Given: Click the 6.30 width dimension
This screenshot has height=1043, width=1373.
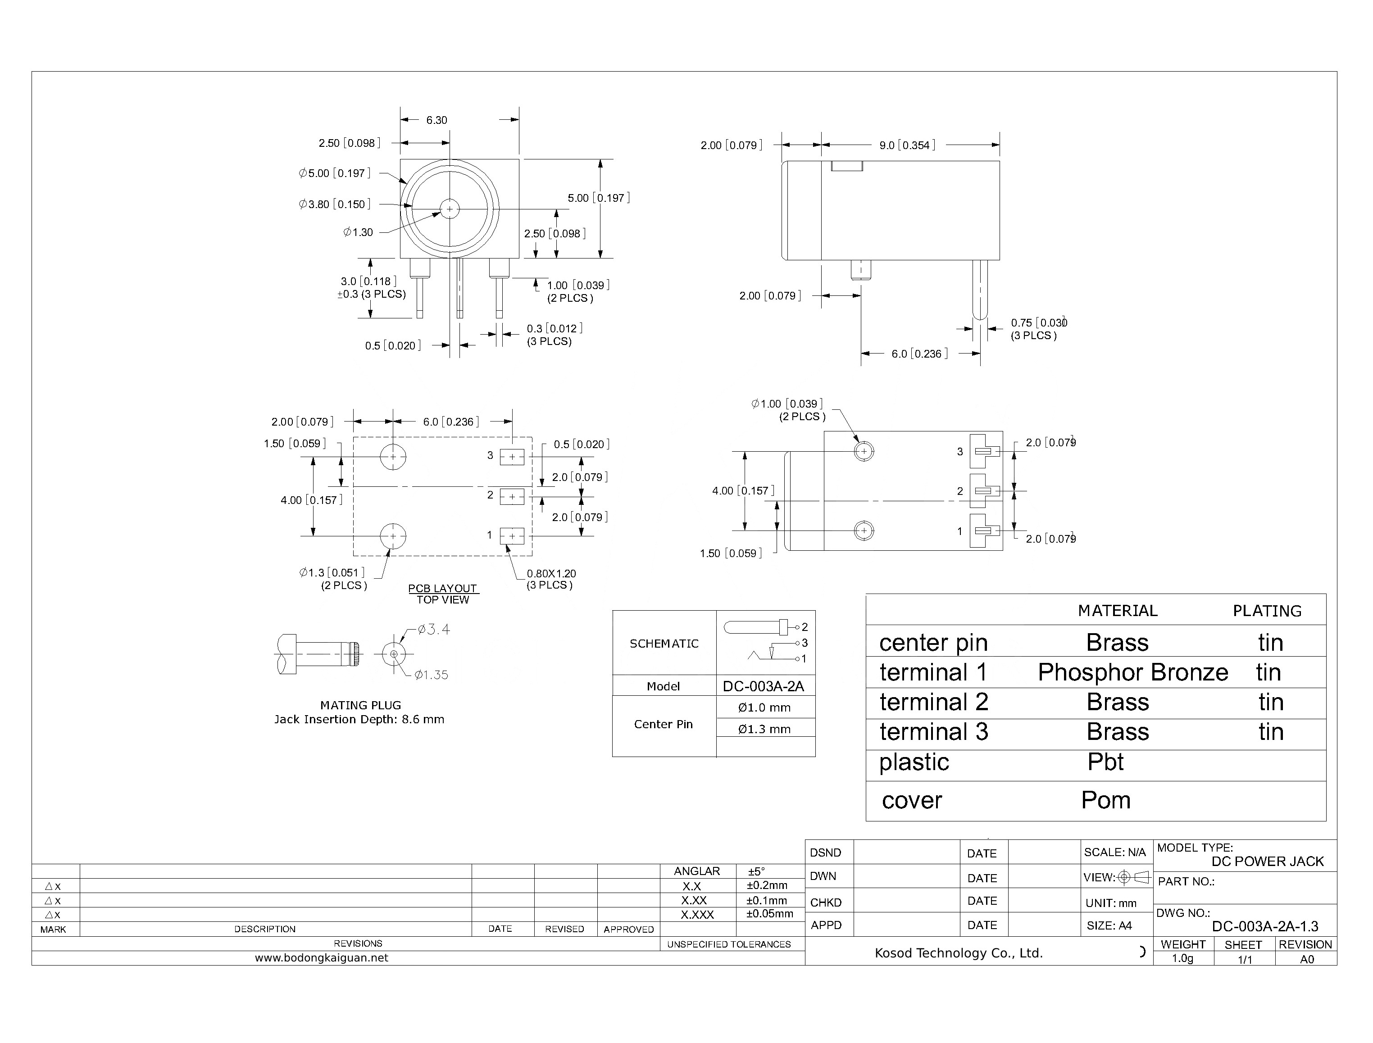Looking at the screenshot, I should [x=436, y=120].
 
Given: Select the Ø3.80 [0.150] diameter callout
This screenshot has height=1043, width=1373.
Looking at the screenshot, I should [x=335, y=204].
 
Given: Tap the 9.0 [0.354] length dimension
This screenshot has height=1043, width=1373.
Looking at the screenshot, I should [x=907, y=145].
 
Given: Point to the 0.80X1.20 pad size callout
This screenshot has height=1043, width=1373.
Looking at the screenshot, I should [x=551, y=574].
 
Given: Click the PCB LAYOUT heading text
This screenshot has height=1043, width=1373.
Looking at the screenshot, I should [x=442, y=588].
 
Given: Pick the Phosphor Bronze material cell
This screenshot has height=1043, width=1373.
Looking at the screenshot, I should [x=1132, y=672].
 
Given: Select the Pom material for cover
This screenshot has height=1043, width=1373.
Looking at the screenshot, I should [x=1105, y=800].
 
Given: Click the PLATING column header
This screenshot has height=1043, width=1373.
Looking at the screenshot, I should [x=1267, y=611].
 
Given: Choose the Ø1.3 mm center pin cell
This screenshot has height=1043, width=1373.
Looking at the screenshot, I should [x=764, y=729].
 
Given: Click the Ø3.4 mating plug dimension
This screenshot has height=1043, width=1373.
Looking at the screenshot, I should [x=433, y=630].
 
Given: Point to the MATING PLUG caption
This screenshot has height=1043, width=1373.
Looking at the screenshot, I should [x=360, y=705].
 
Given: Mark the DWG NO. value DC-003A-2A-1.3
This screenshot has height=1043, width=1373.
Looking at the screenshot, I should [x=1264, y=926].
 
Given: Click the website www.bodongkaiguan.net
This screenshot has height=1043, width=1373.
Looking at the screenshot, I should [x=321, y=958].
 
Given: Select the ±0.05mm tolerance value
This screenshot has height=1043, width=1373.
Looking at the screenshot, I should [x=769, y=914].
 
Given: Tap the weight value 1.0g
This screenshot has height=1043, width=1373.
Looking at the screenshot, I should [x=1182, y=959].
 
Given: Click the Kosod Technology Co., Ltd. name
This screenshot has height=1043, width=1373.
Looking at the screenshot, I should [x=958, y=953].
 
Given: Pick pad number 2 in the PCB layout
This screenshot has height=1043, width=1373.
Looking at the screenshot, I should [x=512, y=497].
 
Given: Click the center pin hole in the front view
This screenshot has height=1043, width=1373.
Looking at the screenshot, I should [x=450, y=209].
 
